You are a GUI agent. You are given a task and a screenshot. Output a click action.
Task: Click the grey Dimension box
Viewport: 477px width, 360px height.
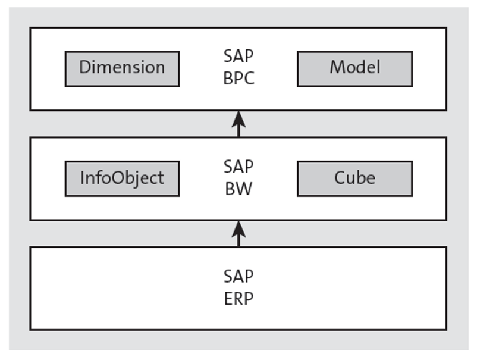[x=122, y=68]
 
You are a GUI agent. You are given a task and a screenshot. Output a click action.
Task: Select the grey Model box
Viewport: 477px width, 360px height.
[x=354, y=68]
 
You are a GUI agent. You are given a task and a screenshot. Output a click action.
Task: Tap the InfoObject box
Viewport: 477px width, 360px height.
[x=122, y=178]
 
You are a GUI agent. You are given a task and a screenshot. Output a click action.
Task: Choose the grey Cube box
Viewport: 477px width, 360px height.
[x=354, y=178]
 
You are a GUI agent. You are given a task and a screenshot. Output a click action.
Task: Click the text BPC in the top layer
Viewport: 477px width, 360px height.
[x=238, y=78]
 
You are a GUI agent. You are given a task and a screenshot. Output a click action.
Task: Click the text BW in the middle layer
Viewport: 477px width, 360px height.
[x=238, y=189]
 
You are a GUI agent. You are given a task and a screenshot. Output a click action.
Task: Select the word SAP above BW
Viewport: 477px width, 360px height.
[x=238, y=167]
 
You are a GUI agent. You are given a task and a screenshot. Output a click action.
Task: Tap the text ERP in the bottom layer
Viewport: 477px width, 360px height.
[x=238, y=298]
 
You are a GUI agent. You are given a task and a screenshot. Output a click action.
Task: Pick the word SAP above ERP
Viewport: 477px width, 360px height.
[x=238, y=277]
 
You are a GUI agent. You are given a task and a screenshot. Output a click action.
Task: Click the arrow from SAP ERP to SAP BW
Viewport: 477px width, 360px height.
[x=238, y=233]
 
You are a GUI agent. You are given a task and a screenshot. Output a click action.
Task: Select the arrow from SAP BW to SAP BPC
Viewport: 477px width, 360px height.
[x=238, y=124]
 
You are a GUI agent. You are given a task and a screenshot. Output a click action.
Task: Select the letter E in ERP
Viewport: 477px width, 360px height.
[x=228, y=298]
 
